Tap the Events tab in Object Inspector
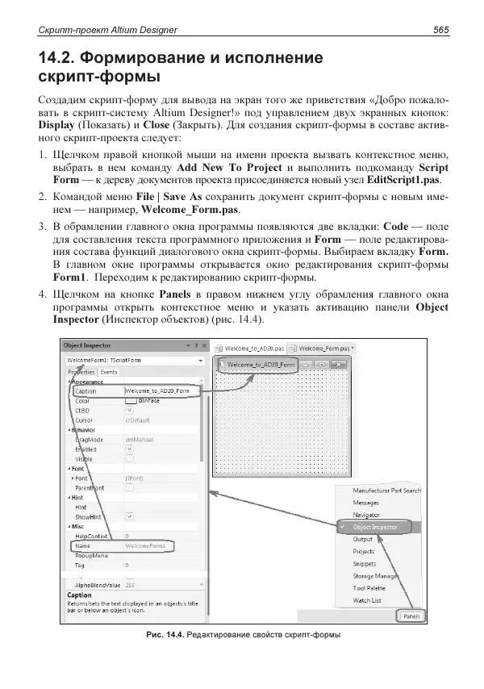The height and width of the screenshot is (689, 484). pos(108,372)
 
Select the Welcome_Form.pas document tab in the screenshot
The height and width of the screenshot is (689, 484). pos(320,348)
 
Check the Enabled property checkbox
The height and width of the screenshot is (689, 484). pos(129,449)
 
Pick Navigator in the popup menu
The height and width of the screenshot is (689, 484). pos(367,514)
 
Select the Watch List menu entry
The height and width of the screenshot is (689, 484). pos(367,600)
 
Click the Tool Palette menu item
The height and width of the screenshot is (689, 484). pos(369,588)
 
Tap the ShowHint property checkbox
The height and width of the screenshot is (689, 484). pos(129,517)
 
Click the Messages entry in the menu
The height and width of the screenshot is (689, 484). pos(367,502)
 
